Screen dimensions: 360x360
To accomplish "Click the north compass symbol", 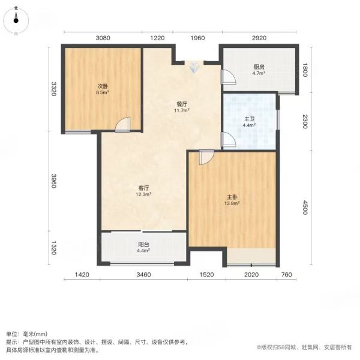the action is (x=16, y=20).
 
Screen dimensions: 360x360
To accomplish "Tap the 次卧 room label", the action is (x=103, y=86).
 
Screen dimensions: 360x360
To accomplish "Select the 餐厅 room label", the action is (x=182, y=104).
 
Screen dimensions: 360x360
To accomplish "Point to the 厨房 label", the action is (x=259, y=67).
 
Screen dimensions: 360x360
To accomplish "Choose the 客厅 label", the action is (x=143, y=188).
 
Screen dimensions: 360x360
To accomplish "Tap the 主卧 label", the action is (x=232, y=197).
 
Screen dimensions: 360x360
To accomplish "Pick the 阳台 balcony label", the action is (x=143, y=244).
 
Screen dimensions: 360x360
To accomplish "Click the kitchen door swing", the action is (x=229, y=77).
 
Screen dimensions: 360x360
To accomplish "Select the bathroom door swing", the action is (x=229, y=139).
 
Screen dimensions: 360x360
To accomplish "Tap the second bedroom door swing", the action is (x=122, y=124).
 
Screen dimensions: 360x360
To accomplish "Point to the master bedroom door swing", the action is (x=206, y=157).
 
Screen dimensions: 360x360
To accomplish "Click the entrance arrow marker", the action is (x=194, y=67).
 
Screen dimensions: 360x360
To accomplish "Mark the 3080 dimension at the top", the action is (x=103, y=38).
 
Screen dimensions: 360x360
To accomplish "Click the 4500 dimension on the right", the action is (x=305, y=208).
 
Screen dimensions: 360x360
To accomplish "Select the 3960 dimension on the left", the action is (x=53, y=181).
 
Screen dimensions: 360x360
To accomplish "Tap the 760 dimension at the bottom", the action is (x=286, y=275).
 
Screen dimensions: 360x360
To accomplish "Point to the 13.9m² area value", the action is (x=232, y=203).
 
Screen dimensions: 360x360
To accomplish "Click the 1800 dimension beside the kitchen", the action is (x=305, y=70).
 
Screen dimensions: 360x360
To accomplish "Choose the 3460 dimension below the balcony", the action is (x=144, y=275).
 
